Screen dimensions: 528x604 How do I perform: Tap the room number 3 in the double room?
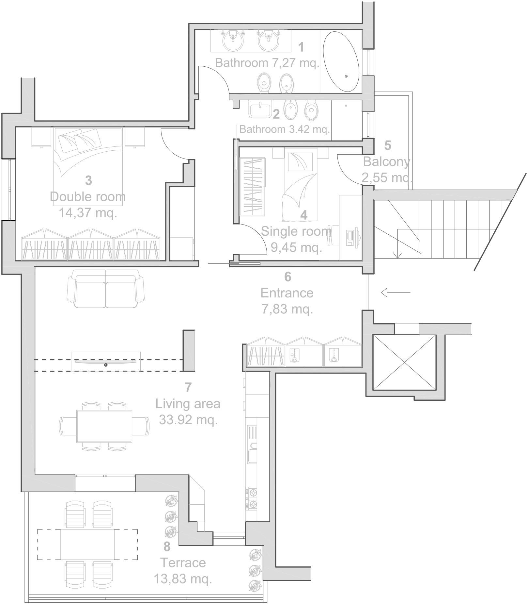pos(88,180)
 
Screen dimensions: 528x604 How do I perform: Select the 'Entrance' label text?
pos(287,293)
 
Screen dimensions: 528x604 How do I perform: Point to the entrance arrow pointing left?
pos(396,292)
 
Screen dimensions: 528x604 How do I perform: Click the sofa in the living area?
pos(105,288)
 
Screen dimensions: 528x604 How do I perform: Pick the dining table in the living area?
pos(104,426)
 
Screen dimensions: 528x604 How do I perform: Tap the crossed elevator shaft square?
pos(404,362)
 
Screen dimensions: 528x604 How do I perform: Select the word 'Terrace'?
pos(183,563)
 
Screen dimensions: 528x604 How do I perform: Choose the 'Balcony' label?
pos(386,162)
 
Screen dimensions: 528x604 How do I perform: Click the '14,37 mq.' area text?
pos(88,213)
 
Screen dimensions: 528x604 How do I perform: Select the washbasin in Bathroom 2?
pos(260,109)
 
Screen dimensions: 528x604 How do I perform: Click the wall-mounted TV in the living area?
pos(106,361)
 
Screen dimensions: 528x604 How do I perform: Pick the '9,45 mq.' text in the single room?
pos(296,248)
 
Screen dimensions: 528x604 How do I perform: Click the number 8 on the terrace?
pos(167,546)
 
